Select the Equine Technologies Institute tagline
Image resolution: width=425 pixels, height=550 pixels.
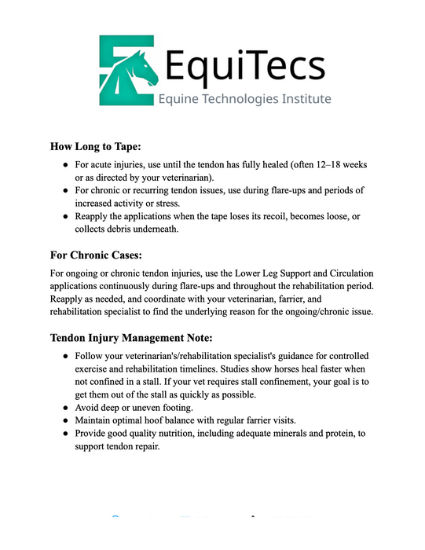(244, 100)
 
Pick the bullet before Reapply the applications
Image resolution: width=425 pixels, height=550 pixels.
(66, 216)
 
